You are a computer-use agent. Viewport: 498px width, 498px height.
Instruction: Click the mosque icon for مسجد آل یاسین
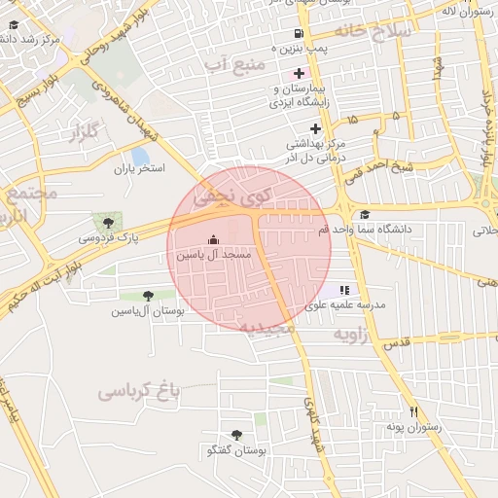[214, 240]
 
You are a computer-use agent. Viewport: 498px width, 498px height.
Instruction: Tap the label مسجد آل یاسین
[214, 254]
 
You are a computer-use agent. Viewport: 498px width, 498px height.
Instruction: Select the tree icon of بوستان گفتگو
[236, 436]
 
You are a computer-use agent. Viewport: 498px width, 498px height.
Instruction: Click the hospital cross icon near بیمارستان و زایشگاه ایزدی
[299, 74]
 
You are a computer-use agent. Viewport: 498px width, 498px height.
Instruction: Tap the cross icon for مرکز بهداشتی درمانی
[314, 128]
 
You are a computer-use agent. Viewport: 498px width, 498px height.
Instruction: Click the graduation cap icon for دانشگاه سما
[365, 215]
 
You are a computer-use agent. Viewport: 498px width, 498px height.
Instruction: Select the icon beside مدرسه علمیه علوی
[343, 290]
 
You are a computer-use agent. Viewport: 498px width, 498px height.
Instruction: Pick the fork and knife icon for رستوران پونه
[414, 411]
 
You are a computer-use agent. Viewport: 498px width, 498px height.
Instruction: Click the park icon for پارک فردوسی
[101, 222]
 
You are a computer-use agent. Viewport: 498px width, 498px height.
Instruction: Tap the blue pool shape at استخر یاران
[140, 156]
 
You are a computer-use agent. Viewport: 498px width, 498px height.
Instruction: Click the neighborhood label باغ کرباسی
[140, 391]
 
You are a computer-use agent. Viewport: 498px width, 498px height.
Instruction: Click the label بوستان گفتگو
[236, 451]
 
